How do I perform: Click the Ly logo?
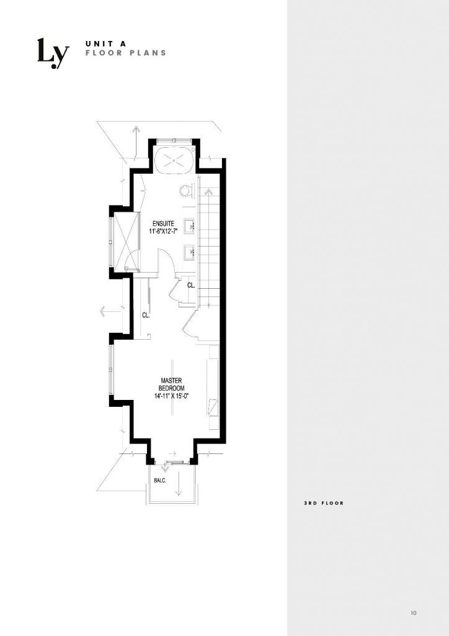click(53, 53)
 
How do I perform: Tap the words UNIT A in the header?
click(106, 43)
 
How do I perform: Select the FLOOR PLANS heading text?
click(126, 53)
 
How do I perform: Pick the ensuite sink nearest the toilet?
click(190, 225)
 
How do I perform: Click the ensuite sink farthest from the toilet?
click(190, 253)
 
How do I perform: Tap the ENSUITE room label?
click(163, 224)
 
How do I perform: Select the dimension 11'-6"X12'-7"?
click(163, 232)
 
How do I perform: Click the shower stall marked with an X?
click(127, 242)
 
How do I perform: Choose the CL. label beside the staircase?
click(191, 286)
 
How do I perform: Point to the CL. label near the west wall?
click(146, 315)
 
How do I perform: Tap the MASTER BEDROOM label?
click(172, 384)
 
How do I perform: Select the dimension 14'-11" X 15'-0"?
click(172, 396)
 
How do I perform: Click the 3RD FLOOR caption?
click(324, 503)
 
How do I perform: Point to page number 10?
click(413, 613)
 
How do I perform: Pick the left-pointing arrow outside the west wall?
click(110, 312)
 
